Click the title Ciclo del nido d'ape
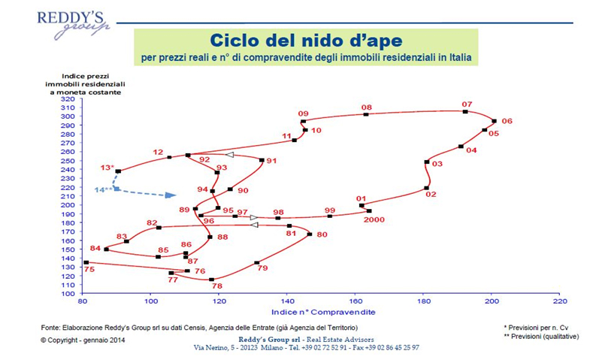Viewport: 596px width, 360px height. tap(306, 39)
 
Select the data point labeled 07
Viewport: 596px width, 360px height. tap(466, 112)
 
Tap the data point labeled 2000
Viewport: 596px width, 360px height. tap(369, 211)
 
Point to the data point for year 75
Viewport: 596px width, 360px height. tap(86, 262)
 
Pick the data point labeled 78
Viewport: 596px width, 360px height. tap(212, 280)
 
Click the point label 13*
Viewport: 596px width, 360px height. tap(107, 167)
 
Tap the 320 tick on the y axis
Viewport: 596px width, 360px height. tap(68, 98)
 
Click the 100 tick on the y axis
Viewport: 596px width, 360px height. tap(68, 294)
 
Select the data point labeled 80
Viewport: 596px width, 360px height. tap(310, 234)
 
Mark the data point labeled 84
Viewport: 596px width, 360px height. tap(106, 249)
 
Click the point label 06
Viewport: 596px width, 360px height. tap(507, 121)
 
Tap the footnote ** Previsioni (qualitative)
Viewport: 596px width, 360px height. tap(541, 337)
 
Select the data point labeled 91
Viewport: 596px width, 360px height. tap(262, 160)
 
